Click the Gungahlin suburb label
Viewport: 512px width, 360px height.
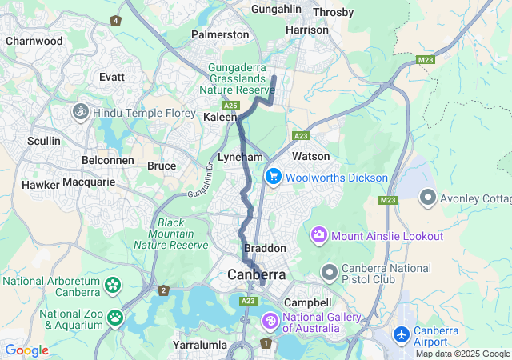click(278, 9)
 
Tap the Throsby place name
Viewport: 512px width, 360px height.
click(333, 12)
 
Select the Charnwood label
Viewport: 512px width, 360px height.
click(34, 40)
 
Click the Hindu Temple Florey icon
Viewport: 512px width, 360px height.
click(80, 113)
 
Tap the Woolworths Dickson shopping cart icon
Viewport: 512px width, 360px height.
click(273, 177)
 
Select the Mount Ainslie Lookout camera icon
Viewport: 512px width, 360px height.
click(319, 236)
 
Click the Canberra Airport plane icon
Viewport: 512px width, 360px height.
click(402, 333)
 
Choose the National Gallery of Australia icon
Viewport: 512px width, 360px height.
click(270, 322)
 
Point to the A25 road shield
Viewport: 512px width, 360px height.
click(231, 105)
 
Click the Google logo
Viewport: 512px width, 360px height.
click(26, 350)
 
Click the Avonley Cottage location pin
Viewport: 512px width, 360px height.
click(428, 195)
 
